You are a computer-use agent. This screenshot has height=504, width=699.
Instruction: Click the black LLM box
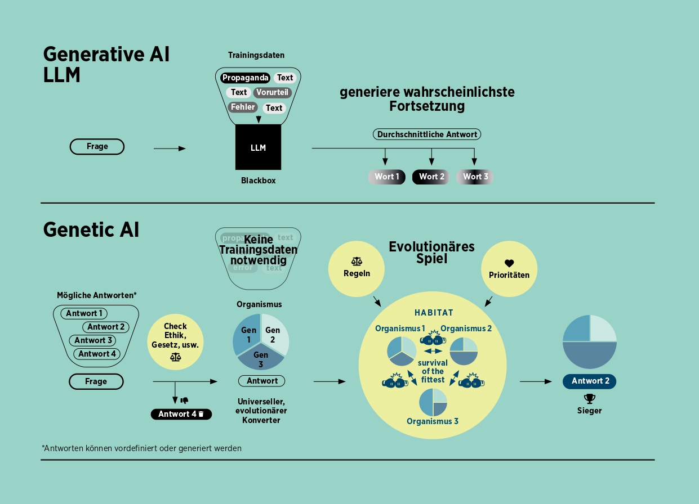pyautogui.click(x=258, y=147)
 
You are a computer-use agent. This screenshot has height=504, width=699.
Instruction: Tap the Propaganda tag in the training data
pyautogui.click(x=245, y=78)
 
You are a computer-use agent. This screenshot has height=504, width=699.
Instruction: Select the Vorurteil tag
pyautogui.click(x=273, y=92)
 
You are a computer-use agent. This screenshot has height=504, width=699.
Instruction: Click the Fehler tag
pyautogui.click(x=243, y=107)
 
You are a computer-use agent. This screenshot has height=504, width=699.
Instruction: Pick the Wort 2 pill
pyautogui.click(x=431, y=177)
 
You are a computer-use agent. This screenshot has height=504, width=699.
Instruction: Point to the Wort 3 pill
pyautogui.click(x=475, y=177)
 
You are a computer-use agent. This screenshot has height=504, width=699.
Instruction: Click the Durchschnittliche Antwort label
pyautogui.click(x=427, y=134)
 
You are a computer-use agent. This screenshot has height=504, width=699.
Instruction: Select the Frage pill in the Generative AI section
pyautogui.click(x=97, y=146)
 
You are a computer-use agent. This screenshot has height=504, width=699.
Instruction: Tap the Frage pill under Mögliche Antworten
pyautogui.click(x=96, y=381)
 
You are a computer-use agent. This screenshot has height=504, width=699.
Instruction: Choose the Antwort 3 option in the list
pyautogui.click(x=94, y=340)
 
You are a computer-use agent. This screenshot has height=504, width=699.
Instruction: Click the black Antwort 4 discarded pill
pyautogui.click(x=181, y=414)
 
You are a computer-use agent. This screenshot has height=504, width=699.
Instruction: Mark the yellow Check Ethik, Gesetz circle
pyautogui.click(x=175, y=340)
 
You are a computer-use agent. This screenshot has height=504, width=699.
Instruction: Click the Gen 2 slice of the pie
pyautogui.click(x=274, y=334)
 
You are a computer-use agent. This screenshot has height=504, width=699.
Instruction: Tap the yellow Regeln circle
pyautogui.click(x=357, y=268)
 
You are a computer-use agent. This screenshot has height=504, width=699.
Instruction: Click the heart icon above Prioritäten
pyautogui.click(x=509, y=263)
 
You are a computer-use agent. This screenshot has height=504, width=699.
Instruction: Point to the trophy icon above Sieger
pyautogui.click(x=589, y=398)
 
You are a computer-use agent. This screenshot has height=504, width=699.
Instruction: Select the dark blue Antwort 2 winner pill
pyautogui.click(x=589, y=381)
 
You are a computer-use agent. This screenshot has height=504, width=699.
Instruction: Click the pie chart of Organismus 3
pyautogui.click(x=433, y=402)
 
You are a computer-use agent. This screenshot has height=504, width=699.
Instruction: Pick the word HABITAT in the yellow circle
pyautogui.click(x=434, y=313)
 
